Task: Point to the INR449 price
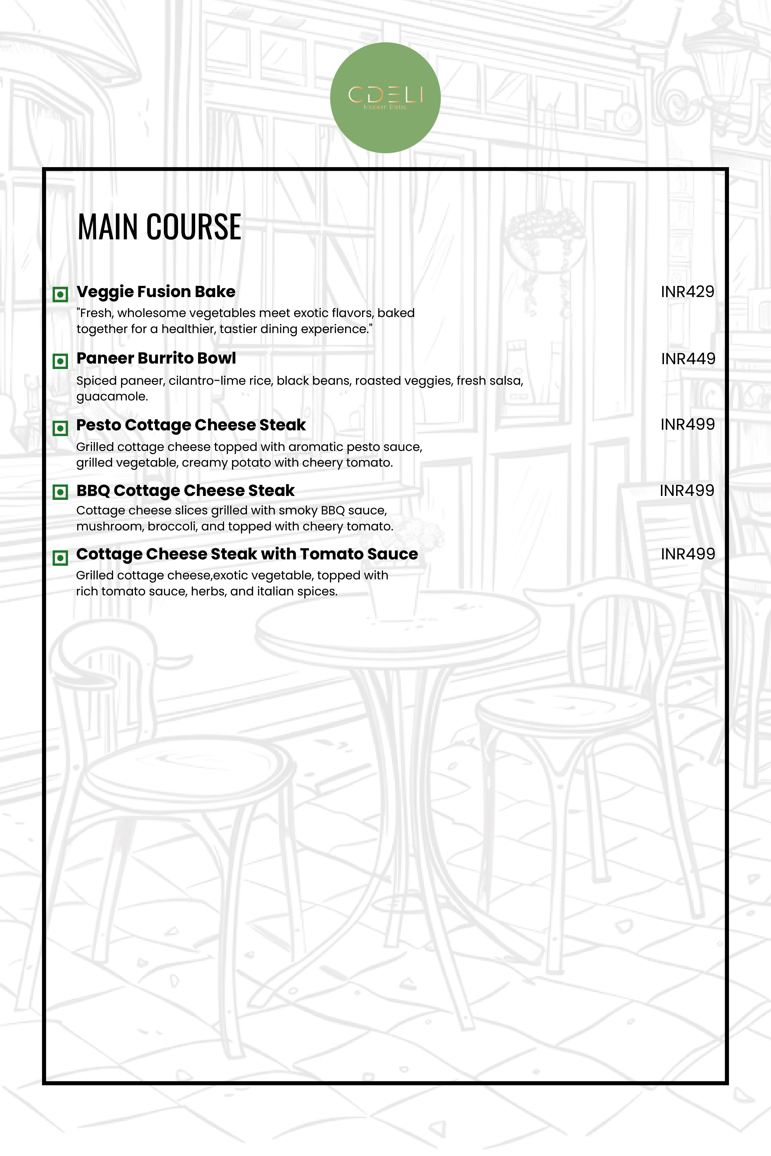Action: (x=688, y=359)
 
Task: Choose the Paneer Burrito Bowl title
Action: (x=156, y=358)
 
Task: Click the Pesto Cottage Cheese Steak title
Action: (x=191, y=425)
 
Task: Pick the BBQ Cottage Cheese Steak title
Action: (x=185, y=491)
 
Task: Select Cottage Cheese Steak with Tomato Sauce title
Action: (x=247, y=554)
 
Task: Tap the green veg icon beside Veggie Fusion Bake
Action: (x=60, y=294)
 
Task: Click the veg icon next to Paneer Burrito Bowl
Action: (x=60, y=361)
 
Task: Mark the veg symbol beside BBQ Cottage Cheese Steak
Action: (x=60, y=492)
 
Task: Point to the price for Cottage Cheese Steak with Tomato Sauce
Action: (x=688, y=554)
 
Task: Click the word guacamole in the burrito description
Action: (x=112, y=397)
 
